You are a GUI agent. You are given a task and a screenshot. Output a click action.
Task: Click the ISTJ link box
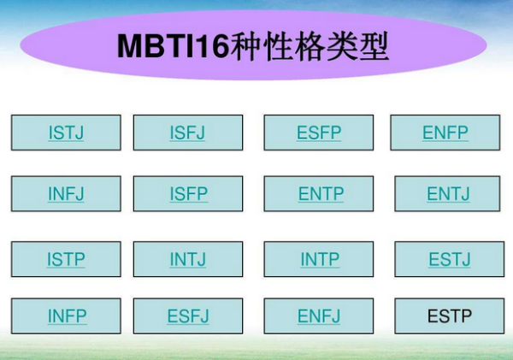pyautogui.click(x=66, y=133)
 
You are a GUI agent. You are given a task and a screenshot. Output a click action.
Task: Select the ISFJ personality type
pyautogui.click(x=188, y=133)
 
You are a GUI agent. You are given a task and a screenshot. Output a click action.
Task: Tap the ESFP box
pyautogui.click(x=319, y=133)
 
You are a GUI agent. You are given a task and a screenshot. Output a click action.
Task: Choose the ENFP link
pyautogui.click(x=445, y=133)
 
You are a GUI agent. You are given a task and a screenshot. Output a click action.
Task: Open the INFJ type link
pyautogui.click(x=66, y=194)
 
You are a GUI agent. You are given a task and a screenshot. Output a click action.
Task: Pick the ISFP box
pyautogui.click(x=188, y=194)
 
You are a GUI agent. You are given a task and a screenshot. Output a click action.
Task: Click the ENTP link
pyautogui.click(x=319, y=194)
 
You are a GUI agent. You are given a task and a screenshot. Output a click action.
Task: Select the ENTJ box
pyautogui.click(x=447, y=194)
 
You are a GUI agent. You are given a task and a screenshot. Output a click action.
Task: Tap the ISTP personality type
pyautogui.click(x=66, y=259)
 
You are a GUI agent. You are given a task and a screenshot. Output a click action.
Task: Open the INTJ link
pyautogui.click(x=188, y=259)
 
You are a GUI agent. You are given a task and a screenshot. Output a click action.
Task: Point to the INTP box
pyautogui.click(x=319, y=259)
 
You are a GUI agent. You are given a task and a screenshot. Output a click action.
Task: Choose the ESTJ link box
pyautogui.click(x=449, y=259)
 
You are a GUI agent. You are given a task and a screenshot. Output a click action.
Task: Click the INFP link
pyautogui.click(x=66, y=316)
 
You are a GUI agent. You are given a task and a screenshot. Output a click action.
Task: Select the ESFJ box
pyautogui.click(x=188, y=316)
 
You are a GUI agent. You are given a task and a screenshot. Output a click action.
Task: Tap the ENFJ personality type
pyautogui.click(x=319, y=316)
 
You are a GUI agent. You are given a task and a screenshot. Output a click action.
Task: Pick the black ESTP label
pyautogui.click(x=450, y=316)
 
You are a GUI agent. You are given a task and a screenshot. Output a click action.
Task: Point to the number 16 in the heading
pyautogui.click(x=212, y=46)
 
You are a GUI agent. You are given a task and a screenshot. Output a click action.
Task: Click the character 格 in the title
pyautogui.click(x=310, y=46)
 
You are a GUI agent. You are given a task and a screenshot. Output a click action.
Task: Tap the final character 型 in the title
pyautogui.click(x=374, y=46)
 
